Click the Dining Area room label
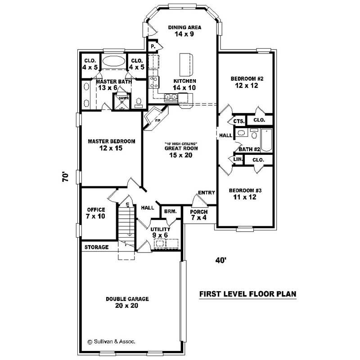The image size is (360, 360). pyautogui.click(x=184, y=27)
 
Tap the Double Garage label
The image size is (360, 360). pyautogui.click(x=127, y=299)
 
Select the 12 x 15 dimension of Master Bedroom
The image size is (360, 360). pyautogui.click(x=111, y=148)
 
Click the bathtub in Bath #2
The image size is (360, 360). pyautogui.click(x=266, y=139)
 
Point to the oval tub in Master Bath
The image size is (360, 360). pyautogui.click(x=113, y=62)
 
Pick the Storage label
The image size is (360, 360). pyautogui.click(x=96, y=247)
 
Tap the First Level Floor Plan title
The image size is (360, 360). pyautogui.click(x=247, y=295)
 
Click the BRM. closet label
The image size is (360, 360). pyautogui.click(x=170, y=211)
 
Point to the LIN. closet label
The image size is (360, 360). pyautogui.click(x=237, y=159)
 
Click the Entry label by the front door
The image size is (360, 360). pyautogui.click(x=206, y=193)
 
